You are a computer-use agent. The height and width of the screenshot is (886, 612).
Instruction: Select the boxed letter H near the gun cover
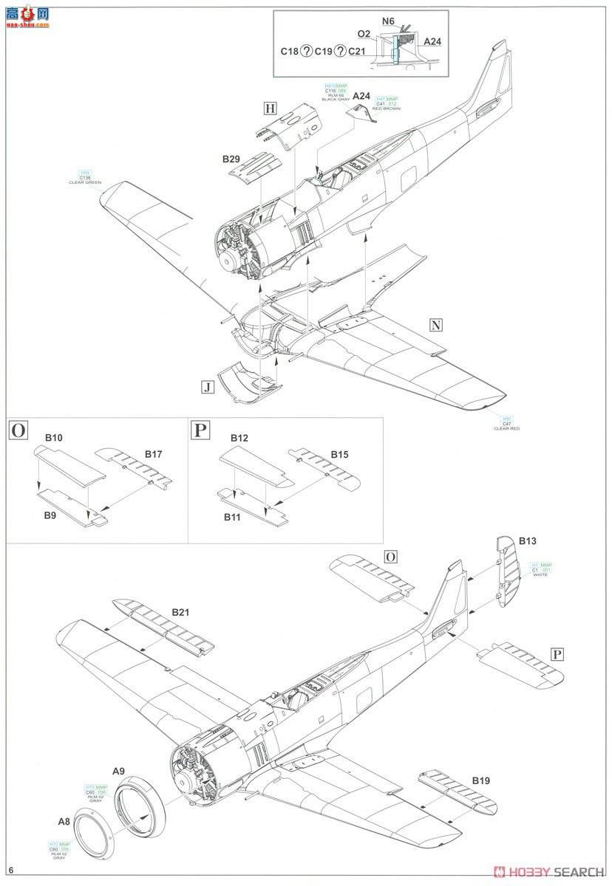click(x=270, y=109)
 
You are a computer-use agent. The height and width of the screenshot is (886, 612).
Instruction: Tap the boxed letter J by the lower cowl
click(x=208, y=386)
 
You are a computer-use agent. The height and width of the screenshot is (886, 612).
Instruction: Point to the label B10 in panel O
click(x=52, y=438)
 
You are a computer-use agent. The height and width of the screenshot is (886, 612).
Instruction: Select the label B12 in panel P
click(x=238, y=438)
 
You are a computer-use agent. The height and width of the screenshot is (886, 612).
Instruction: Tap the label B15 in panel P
click(x=339, y=453)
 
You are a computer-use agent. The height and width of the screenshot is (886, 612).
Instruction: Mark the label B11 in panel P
click(x=233, y=517)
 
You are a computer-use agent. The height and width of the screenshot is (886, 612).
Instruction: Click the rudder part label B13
click(x=527, y=541)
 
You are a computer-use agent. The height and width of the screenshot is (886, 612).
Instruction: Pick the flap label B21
click(x=181, y=612)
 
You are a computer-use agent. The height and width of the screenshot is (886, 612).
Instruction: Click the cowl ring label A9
click(x=118, y=771)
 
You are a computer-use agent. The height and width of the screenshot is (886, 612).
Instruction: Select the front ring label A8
click(x=66, y=820)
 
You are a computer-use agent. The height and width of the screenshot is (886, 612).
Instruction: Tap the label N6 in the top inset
click(x=388, y=21)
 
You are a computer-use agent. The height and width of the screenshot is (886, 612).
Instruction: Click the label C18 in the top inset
click(x=289, y=51)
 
